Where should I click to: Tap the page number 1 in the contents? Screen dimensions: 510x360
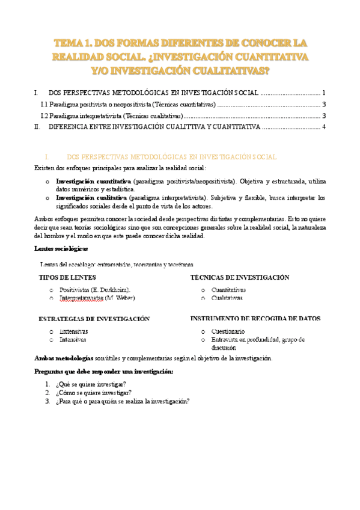point(324,93)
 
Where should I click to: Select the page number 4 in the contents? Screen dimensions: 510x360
point(324,127)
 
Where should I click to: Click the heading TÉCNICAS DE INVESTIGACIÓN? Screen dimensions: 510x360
point(240,278)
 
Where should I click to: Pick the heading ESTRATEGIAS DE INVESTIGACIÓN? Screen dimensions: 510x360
point(94,319)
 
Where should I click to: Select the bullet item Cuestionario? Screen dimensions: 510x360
point(227,331)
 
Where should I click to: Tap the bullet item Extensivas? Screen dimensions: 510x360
point(73,331)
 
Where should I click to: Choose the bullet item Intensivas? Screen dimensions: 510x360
point(73,340)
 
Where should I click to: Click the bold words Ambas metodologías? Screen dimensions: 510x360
point(64,358)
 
